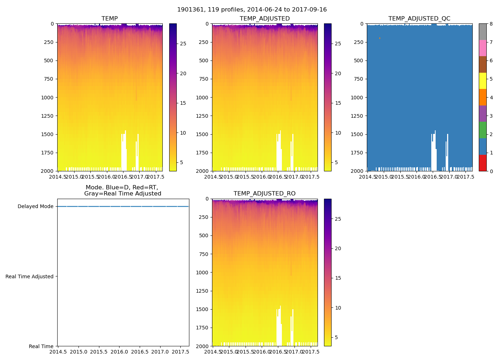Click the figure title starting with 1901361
[x=252, y=10]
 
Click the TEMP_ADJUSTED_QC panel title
[x=419, y=19]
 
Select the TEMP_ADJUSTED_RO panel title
[x=264, y=194]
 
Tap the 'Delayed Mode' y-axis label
[x=35, y=207]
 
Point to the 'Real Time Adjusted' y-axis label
[x=29, y=276]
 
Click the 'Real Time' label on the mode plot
[x=41, y=346]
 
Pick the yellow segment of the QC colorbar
[x=482, y=81]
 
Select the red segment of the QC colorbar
[x=482, y=163]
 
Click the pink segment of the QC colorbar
[x=482, y=48]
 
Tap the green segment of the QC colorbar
[x=482, y=130]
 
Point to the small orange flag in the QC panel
[x=379, y=38]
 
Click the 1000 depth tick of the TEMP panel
[x=48, y=98]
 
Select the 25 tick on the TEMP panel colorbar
[x=183, y=44]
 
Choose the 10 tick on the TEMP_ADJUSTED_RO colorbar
[x=338, y=308]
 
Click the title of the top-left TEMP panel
[x=109, y=19]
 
